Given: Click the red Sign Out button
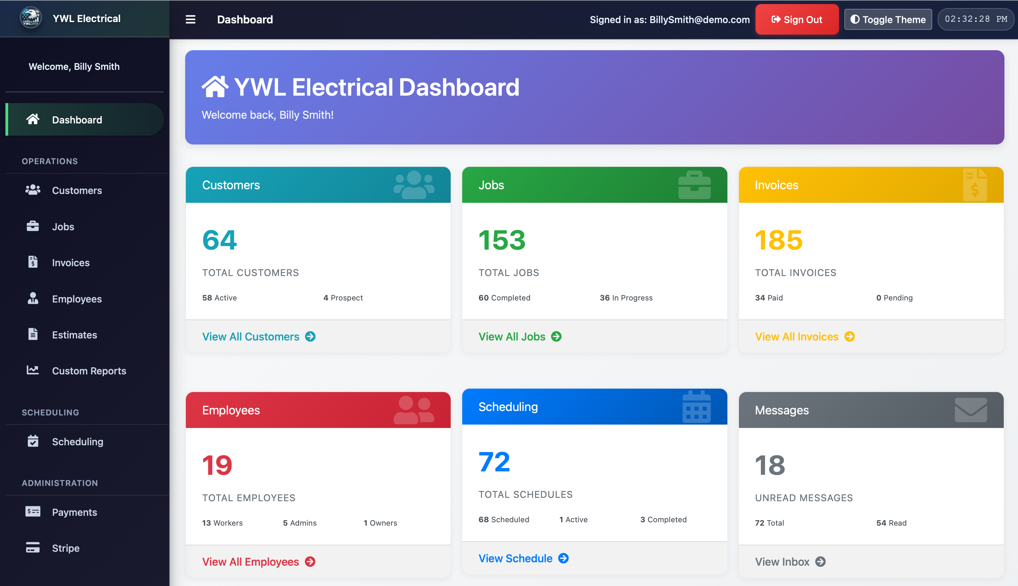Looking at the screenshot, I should point(796,19).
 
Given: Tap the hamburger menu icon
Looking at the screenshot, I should point(190,19).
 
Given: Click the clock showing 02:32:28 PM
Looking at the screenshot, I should point(975,19).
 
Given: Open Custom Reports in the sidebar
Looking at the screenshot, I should point(89,371).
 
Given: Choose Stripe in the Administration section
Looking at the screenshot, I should point(65,548).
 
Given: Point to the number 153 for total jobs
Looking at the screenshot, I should point(502,240).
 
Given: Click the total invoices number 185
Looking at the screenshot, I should point(778,240).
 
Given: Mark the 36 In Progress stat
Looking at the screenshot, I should point(626,298).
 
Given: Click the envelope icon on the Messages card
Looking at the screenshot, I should point(970,410).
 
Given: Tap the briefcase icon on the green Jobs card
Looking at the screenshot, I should point(694,185).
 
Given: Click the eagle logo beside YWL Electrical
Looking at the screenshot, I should point(31,18).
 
